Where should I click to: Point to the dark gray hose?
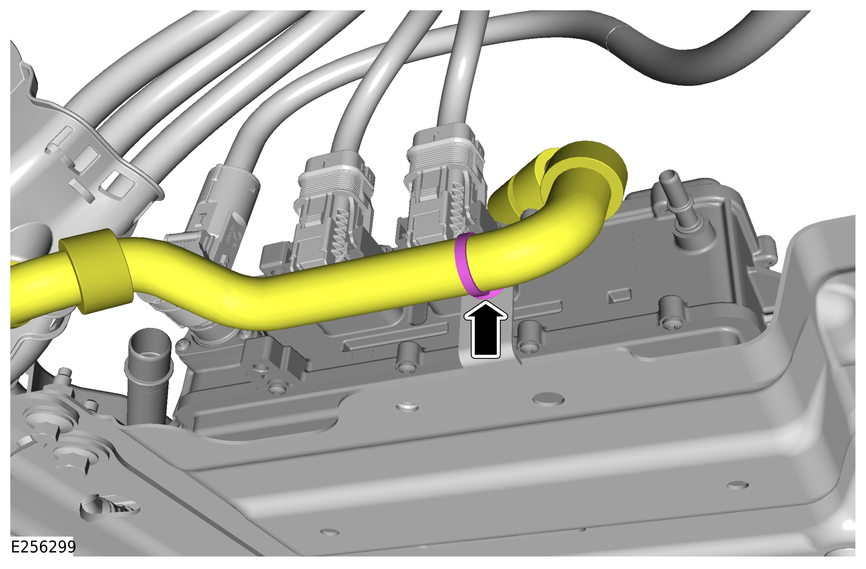(691, 55)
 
